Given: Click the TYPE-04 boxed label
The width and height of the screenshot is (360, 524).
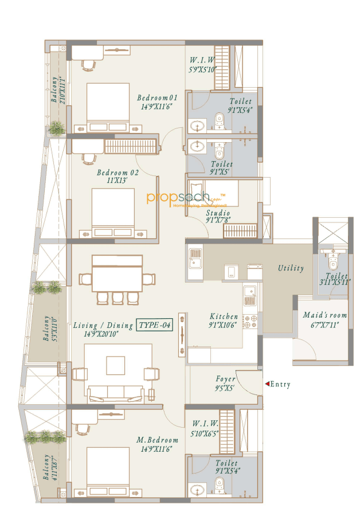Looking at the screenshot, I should (155, 326).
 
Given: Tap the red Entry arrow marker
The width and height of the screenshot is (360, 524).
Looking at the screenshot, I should (266, 384).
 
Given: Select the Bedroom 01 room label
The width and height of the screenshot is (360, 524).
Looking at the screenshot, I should (157, 97).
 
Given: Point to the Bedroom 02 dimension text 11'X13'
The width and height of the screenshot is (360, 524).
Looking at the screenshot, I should (115, 181).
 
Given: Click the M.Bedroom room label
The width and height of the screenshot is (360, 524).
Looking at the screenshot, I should (156, 440).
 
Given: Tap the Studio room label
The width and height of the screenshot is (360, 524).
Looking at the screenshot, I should (218, 213).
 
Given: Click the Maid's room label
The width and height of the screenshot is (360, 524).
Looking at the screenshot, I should (320, 315).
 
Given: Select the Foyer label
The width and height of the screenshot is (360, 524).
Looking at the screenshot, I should (226, 379).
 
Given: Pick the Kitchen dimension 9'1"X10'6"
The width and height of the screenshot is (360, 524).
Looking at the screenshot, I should (223, 325).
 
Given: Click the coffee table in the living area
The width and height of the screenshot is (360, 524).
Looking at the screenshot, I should (115, 365).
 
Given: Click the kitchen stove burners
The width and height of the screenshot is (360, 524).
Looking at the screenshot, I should (249, 320).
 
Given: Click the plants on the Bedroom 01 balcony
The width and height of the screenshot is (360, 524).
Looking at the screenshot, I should (56, 128).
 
